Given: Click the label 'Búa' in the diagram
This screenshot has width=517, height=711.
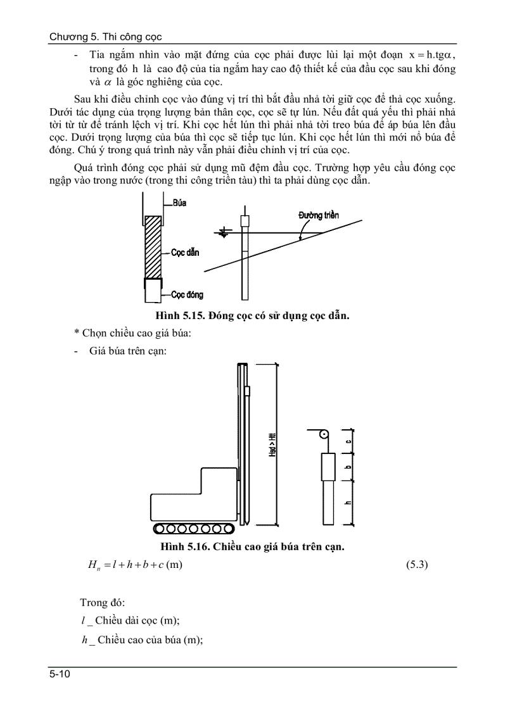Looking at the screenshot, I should (x=179, y=203).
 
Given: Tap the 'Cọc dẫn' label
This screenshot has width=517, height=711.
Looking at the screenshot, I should (x=185, y=252).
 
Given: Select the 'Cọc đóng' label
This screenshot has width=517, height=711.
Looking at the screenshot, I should (x=187, y=294).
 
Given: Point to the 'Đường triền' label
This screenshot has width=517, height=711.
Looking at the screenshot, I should (x=319, y=215).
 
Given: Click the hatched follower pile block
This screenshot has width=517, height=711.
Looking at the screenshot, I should (x=153, y=248).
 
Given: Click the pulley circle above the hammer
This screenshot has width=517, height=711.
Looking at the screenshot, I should (x=323, y=435).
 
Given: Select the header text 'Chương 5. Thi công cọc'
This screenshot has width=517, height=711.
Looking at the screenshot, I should (x=105, y=37).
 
